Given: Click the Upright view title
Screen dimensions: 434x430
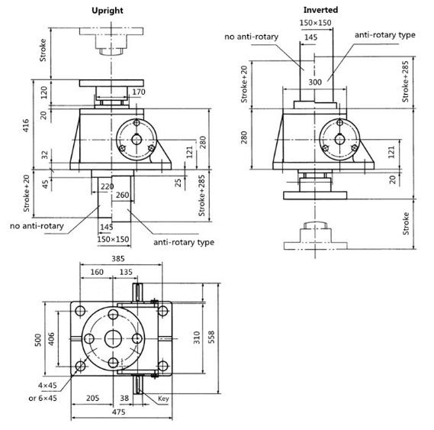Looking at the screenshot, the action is pyautogui.click(x=108, y=11).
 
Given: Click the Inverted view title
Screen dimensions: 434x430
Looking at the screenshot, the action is pyautogui.click(x=320, y=10).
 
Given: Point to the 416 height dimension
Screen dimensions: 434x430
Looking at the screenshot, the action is pyautogui.click(x=26, y=125).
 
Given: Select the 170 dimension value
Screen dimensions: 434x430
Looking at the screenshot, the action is pyautogui.click(x=138, y=92).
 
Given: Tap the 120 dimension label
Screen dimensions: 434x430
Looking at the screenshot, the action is pyautogui.click(x=44, y=92).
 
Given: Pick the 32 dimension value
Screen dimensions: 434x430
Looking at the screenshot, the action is pyautogui.click(x=45, y=155).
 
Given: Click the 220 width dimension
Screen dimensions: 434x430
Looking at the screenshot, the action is pyautogui.click(x=107, y=186).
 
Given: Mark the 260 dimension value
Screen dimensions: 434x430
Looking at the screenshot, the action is pyautogui.click(x=122, y=196).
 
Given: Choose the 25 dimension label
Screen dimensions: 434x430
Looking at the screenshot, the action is pyautogui.click(x=178, y=183).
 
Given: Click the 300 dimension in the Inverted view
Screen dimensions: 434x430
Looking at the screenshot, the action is pyautogui.click(x=315, y=82).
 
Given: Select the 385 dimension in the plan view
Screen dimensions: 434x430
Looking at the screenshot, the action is pyautogui.click(x=118, y=259).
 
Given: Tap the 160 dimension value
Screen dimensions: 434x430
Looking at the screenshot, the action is pyautogui.click(x=97, y=272).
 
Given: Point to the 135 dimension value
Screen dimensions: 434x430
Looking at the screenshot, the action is pyautogui.click(x=126, y=272).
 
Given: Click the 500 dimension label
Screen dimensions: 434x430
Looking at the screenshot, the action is pyautogui.click(x=38, y=340).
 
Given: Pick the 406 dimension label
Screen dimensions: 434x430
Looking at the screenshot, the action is pyautogui.click(x=51, y=339).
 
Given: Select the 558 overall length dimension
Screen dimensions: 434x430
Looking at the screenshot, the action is pyautogui.click(x=211, y=337).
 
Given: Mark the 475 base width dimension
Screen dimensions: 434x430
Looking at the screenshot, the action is pyautogui.click(x=118, y=412).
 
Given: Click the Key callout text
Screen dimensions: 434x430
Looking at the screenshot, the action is pyautogui.click(x=163, y=399).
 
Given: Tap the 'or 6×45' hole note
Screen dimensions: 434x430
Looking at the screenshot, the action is pyautogui.click(x=43, y=398).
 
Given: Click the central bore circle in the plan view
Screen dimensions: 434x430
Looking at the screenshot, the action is pyautogui.click(x=113, y=339).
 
